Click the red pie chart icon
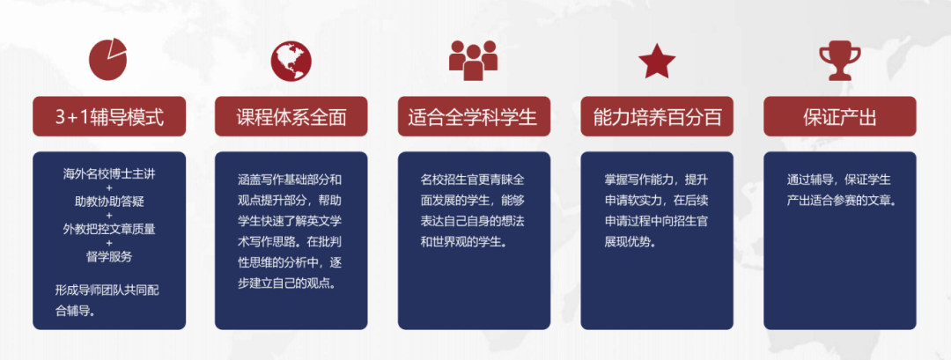coord(109,59)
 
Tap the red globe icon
coord(291,59)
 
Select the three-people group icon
coord(474,59)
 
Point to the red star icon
coord(657,61)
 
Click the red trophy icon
coord(839,60)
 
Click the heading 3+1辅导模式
coord(109,117)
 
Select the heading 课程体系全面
coord(291,117)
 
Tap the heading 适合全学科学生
coord(473,117)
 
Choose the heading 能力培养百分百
coord(657,117)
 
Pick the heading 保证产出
coord(839,117)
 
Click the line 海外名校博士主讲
coord(109,172)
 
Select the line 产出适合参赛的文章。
coord(841,200)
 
